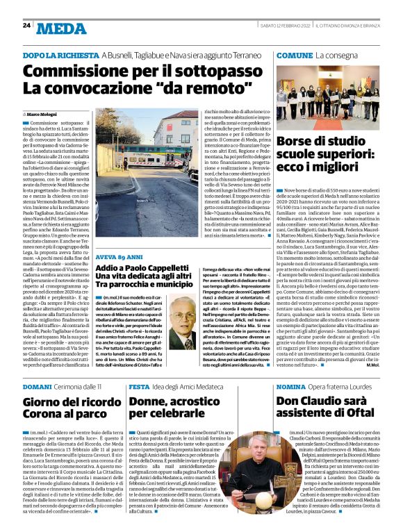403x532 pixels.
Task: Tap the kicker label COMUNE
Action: point(294,54)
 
